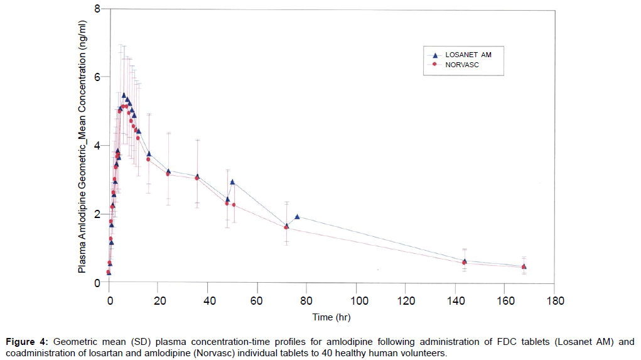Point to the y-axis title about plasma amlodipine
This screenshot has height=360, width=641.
click(82, 146)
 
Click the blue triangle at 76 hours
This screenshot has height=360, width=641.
click(297, 217)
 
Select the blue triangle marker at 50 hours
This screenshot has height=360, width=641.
click(232, 182)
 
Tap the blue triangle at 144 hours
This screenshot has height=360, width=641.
click(465, 261)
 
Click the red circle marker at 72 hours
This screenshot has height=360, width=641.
click(286, 227)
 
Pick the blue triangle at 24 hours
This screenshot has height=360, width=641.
click(168, 172)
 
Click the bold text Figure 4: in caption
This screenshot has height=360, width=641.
click(27, 342)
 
